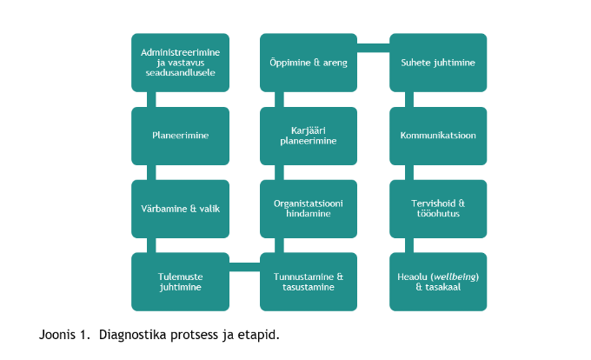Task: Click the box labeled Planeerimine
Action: point(180,136)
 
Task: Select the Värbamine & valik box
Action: point(180,209)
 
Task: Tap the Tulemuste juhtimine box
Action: point(180,282)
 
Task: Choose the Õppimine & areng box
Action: point(309,63)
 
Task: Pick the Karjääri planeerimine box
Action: point(309,136)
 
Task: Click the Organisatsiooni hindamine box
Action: point(309,209)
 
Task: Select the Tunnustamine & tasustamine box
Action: point(309,282)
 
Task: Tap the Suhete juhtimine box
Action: point(438,63)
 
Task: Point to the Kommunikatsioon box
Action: point(438,136)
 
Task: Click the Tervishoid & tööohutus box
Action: point(438,209)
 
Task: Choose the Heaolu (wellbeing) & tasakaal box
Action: point(438,282)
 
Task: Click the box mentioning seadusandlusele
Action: point(180,63)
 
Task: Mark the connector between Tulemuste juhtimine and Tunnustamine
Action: point(244,267)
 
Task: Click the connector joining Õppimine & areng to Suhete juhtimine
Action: point(373,48)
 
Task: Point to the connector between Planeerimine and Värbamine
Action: point(151,173)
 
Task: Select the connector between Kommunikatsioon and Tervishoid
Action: point(409,173)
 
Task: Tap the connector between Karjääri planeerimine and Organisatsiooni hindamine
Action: point(279,173)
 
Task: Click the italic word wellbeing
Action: point(455,277)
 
